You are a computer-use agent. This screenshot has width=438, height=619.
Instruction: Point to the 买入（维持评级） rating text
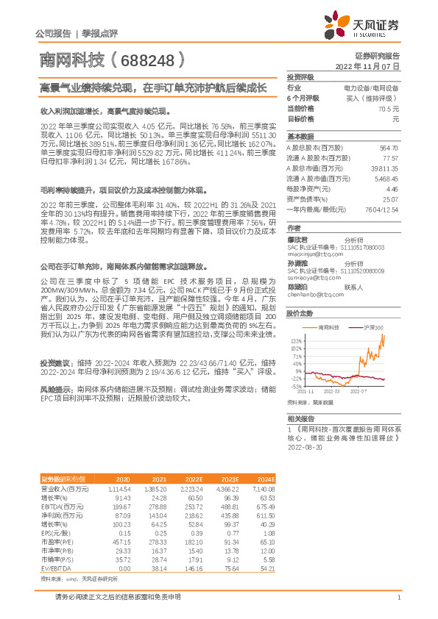[372, 97]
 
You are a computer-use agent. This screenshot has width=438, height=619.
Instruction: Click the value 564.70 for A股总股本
[388, 147]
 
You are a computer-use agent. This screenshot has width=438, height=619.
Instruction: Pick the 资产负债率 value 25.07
[389, 198]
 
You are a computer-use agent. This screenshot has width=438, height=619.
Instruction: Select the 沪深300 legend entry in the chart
[372, 326]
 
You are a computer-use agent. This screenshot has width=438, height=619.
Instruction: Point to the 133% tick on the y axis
[295, 341]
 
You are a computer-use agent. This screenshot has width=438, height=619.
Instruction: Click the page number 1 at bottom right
[398, 598]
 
